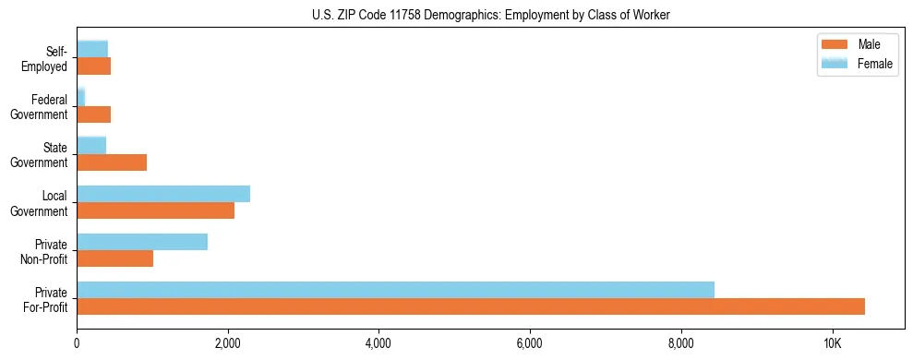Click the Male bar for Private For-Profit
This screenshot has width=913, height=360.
coord(471,306)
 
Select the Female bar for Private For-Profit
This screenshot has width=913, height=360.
coord(395,290)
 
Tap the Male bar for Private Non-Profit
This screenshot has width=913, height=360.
coord(115,258)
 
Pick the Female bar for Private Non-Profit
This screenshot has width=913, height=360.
coord(142,242)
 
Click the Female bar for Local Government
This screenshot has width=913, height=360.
coord(163,194)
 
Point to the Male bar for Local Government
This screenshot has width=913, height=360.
coord(155,210)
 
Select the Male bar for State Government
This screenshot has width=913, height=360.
coord(112,162)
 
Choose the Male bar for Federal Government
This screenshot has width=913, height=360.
coord(93,114)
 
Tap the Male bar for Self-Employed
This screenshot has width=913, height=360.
coord(93,66)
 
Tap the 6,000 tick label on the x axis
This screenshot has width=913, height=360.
coord(530,343)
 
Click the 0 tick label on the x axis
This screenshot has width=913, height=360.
coord(77,343)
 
